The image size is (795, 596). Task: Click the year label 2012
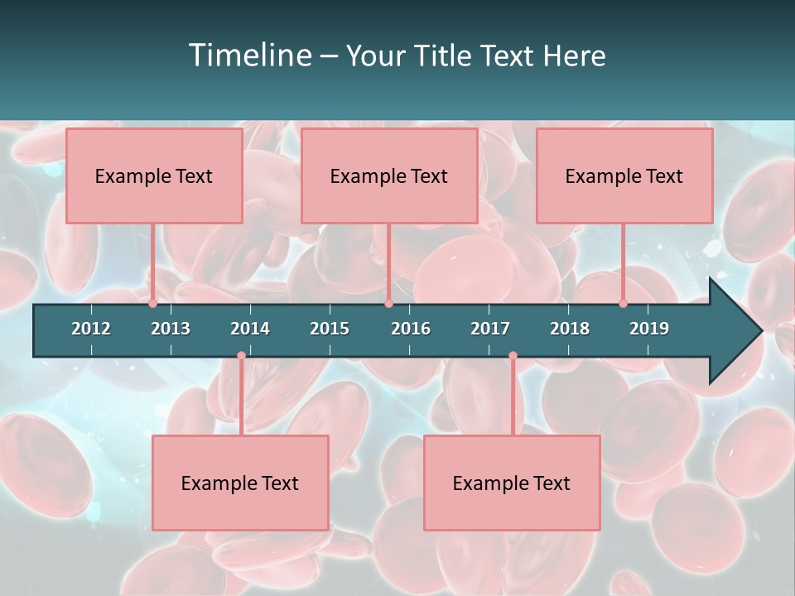(x=91, y=329)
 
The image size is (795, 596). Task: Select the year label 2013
(x=171, y=329)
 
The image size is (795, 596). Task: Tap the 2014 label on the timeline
(x=250, y=329)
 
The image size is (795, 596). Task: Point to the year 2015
(x=330, y=329)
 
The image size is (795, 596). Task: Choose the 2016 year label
(x=411, y=329)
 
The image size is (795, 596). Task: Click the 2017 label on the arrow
(x=490, y=329)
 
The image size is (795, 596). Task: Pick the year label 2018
(x=570, y=329)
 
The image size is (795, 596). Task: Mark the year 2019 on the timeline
(x=649, y=329)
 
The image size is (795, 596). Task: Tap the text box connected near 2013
(x=154, y=175)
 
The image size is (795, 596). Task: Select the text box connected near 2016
(x=389, y=175)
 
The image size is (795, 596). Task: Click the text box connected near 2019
(x=624, y=175)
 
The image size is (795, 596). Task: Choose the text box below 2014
(x=240, y=483)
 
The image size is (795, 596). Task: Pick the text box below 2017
(x=512, y=483)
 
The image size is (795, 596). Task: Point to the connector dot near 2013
(x=153, y=304)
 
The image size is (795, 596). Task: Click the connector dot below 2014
(x=241, y=356)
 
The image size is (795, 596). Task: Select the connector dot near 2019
(x=624, y=304)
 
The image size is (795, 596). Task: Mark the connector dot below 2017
(x=513, y=356)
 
